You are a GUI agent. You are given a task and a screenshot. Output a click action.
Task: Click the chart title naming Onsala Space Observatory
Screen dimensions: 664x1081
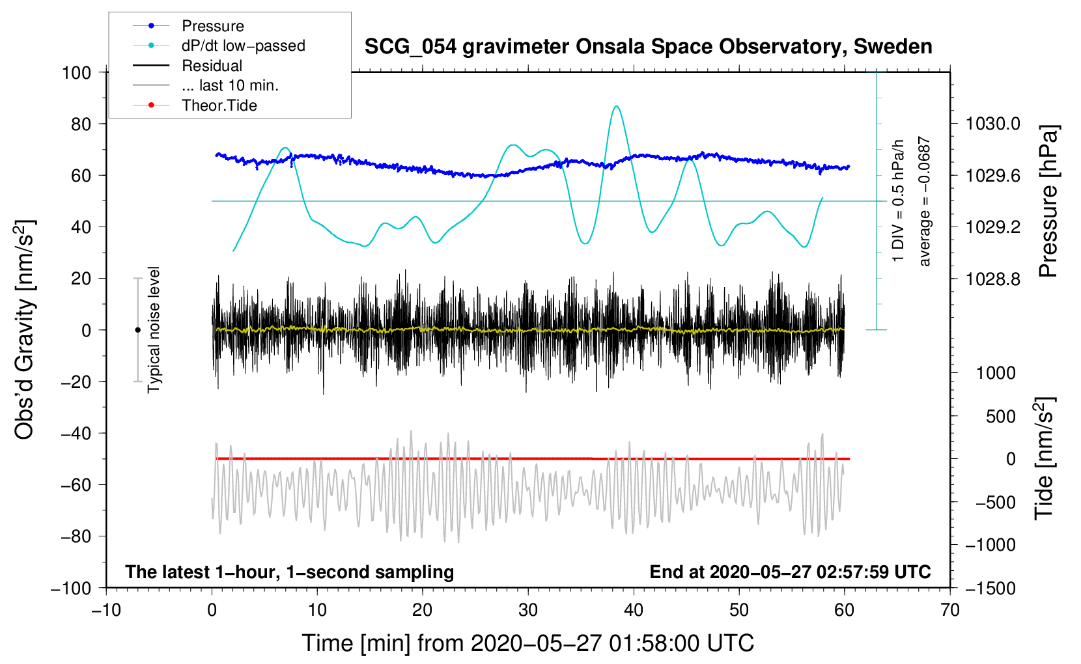click(x=648, y=47)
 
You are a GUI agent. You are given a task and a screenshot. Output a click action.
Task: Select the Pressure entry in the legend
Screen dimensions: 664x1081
click(x=212, y=26)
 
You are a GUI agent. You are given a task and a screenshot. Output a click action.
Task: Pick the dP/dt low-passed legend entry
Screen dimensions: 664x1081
click(x=243, y=46)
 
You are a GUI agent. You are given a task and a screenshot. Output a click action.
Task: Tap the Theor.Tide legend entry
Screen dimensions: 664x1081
click(x=219, y=105)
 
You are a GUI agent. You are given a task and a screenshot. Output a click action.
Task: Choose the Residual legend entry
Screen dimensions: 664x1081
click(x=212, y=66)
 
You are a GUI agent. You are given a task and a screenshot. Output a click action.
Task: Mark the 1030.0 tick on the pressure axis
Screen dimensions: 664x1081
click(x=992, y=124)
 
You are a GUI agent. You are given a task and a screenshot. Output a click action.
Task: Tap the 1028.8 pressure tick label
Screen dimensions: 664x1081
click(x=992, y=279)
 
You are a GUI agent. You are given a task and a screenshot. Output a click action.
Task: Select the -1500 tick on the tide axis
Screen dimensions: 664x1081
click(x=990, y=588)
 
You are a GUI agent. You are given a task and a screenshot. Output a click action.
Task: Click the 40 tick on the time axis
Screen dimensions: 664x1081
click(x=634, y=610)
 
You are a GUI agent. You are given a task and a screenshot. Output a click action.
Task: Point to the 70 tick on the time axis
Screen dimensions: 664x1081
click(x=950, y=610)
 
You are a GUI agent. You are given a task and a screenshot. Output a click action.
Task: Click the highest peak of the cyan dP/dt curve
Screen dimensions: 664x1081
click(x=616, y=106)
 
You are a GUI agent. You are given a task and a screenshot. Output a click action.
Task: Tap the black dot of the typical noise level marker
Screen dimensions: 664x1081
click(x=137, y=330)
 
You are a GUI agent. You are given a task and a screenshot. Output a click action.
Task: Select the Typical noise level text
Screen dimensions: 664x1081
click(x=154, y=329)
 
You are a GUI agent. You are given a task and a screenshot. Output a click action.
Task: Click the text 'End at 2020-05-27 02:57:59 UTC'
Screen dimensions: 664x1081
click(x=790, y=572)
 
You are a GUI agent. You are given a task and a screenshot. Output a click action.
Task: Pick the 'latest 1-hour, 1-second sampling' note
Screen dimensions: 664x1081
click(x=289, y=572)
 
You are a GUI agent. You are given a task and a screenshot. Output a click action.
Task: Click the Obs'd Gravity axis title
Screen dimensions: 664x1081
click(x=25, y=330)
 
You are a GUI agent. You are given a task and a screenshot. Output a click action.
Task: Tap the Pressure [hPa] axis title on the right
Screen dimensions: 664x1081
click(x=1048, y=202)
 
